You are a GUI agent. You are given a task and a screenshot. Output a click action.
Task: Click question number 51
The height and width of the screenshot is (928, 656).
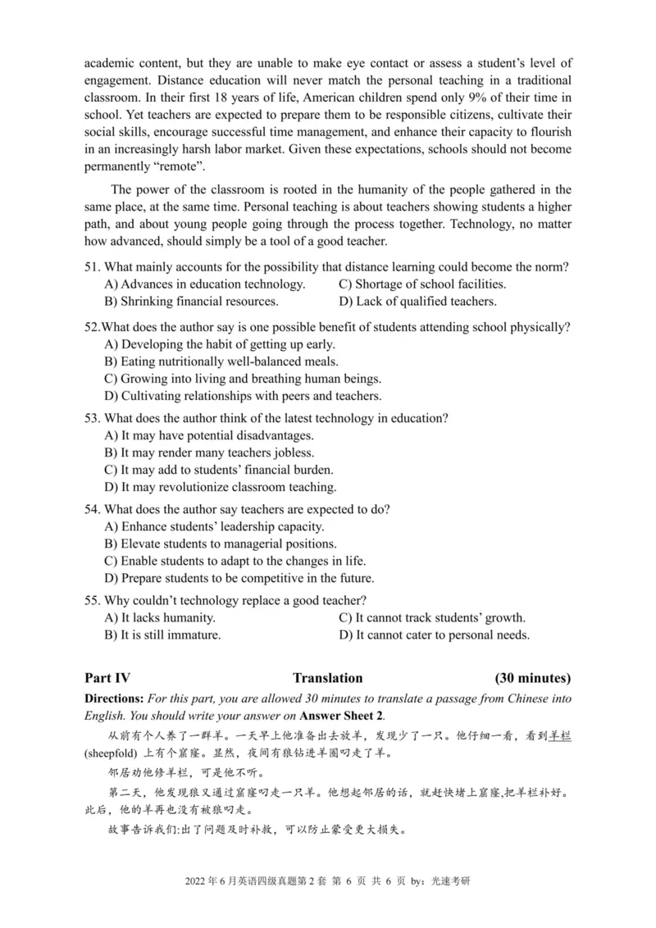pyautogui.click(x=92, y=267)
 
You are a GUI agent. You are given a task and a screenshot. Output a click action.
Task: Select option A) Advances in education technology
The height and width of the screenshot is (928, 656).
pyautogui.click(x=205, y=284)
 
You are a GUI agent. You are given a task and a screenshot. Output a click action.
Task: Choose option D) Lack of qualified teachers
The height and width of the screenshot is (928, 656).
pyautogui.click(x=417, y=302)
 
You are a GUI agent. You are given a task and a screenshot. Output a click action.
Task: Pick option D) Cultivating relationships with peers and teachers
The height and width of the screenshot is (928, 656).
pyautogui.click(x=243, y=396)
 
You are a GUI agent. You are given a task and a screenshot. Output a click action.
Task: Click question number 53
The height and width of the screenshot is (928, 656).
pyautogui.click(x=92, y=418)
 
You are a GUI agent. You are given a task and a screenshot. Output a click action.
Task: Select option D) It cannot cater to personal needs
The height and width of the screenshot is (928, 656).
pyautogui.click(x=434, y=635)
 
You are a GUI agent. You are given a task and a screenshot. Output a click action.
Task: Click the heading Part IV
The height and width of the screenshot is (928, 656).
pyautogui.click(x=107, y=678)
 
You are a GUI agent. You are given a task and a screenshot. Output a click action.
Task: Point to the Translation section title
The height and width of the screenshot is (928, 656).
pyautogui.click(x=327, y=678)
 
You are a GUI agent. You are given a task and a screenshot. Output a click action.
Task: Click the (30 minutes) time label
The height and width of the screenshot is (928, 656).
pyautogui.click(x=533, y=678)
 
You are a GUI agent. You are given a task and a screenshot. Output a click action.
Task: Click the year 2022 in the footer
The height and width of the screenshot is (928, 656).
pyautogui.click(x=199, y=881)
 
